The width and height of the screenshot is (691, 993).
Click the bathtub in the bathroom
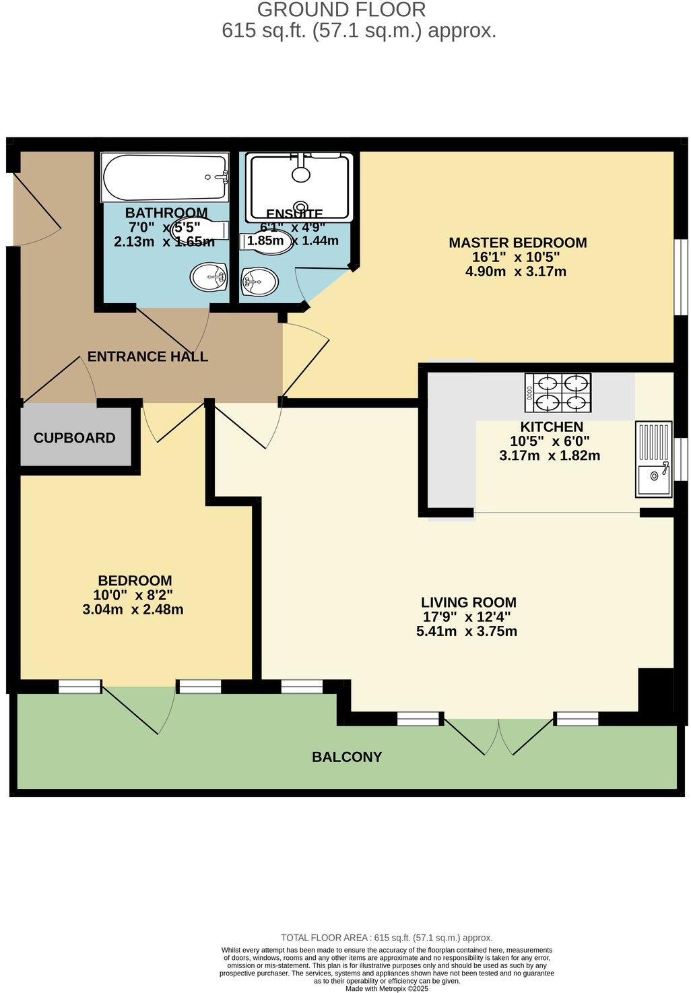click(165, 177)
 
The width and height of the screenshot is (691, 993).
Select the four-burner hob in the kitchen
click(558, 392)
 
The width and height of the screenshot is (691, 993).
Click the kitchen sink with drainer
click(653, 459)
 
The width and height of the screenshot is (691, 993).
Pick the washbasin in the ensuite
click(259, 281)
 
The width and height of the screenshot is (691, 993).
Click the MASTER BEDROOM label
click(517, 243)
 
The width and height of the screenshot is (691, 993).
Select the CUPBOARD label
click(75, 438)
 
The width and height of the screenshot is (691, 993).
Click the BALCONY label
click(347, 757)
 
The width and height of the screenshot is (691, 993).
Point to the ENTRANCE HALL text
click(147, 357)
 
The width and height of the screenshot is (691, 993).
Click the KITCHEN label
click(551, 427)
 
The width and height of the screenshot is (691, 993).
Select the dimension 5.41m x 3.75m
click(467, 631)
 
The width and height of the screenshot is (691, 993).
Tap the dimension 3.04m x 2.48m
click(133, 610)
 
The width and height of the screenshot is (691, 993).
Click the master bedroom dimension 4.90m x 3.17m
click(515, 271)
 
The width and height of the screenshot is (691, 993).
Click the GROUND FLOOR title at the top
click(341, 10)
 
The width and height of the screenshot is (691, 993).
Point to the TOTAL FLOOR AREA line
click(386, 937)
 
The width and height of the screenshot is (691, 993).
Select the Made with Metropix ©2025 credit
click(387, 988)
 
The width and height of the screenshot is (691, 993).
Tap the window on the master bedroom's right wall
click(682, 276)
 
